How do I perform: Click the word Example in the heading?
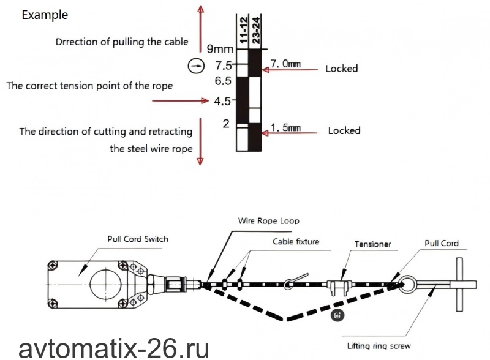pyautogui.click(x=45, y=15)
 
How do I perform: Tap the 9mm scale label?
pyautogui.click(x=220, y=49)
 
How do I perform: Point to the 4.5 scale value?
pyautogui.click(x=222, y=101)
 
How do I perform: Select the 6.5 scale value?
pyautogui.click(x=223, y=81)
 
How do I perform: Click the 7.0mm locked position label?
pyautogui.click(x=285, y=64)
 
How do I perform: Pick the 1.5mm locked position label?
pyautogui.click(x=285, y=127)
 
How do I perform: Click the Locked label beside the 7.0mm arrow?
pyautogui.click(x=342, y=69)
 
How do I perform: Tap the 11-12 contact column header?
pyautogui.click(x=244, y=31)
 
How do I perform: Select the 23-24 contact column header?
pyautogui.click(x=256, y=31)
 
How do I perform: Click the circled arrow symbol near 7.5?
pyautogui.click(x=196, y=66)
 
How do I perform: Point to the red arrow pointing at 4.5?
pyautogui.click(x=180, y=100)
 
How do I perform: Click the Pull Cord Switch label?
pyautogui.click(x=138, y=239)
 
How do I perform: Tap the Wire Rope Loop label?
pyautogui.click(x=269, y=221)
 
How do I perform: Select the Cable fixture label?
pyautogui.click(x=296, y=242)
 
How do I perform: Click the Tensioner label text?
pyautogui.click(x=372, y=244)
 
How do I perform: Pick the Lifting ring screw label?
pyautogui.click(x=379, y=346)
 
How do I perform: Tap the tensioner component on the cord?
pyautogui.click(x=339, y=287)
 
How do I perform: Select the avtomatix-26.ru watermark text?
pyautogui.click(x=114, y=349)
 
